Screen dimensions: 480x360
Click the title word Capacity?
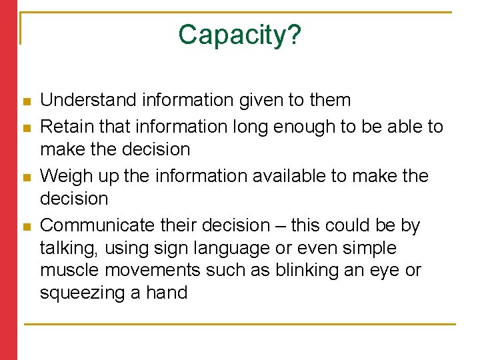coord(239,35)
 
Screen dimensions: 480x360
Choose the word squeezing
coord(83,293)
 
